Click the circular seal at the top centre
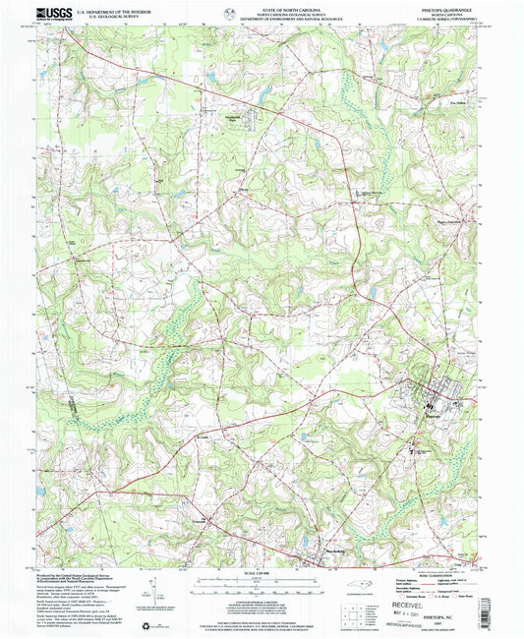coord(229,14)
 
